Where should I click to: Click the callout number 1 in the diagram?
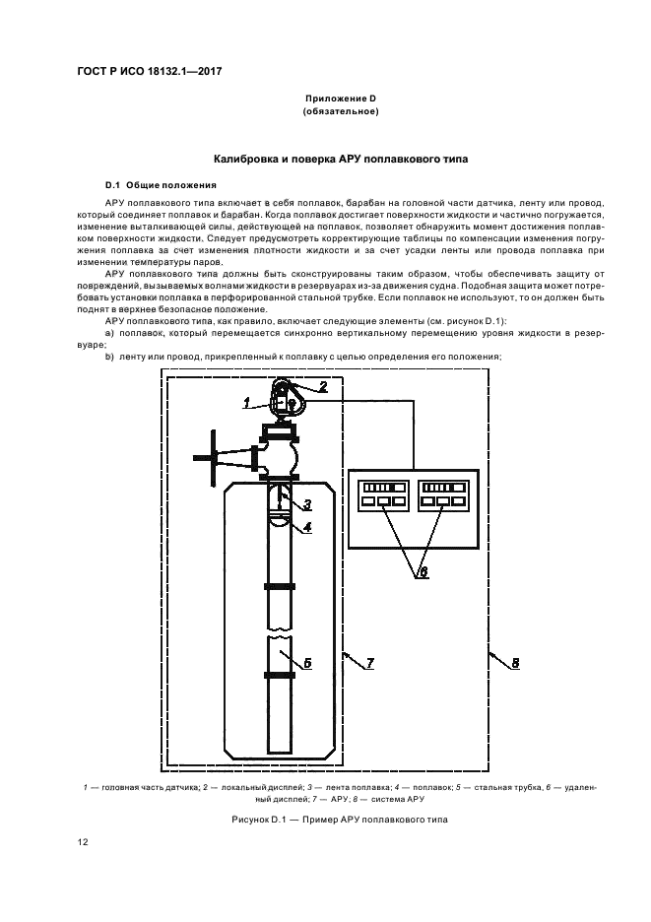[x=247, y=401]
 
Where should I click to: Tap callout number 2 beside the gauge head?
[x=322, y=386]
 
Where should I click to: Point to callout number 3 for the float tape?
[x=307, y=504]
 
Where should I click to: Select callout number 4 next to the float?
[x=307, y=527]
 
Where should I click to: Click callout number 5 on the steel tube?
[x=306, y=663]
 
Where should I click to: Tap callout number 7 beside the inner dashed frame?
[x=369, y=663]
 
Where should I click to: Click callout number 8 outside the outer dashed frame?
[x=514, y=663]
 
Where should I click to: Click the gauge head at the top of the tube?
[x=286, y=400]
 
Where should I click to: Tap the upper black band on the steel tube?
[x=281, y=586]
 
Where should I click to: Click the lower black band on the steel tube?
[x=281, y=675]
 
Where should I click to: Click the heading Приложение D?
[x=341, y=99]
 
